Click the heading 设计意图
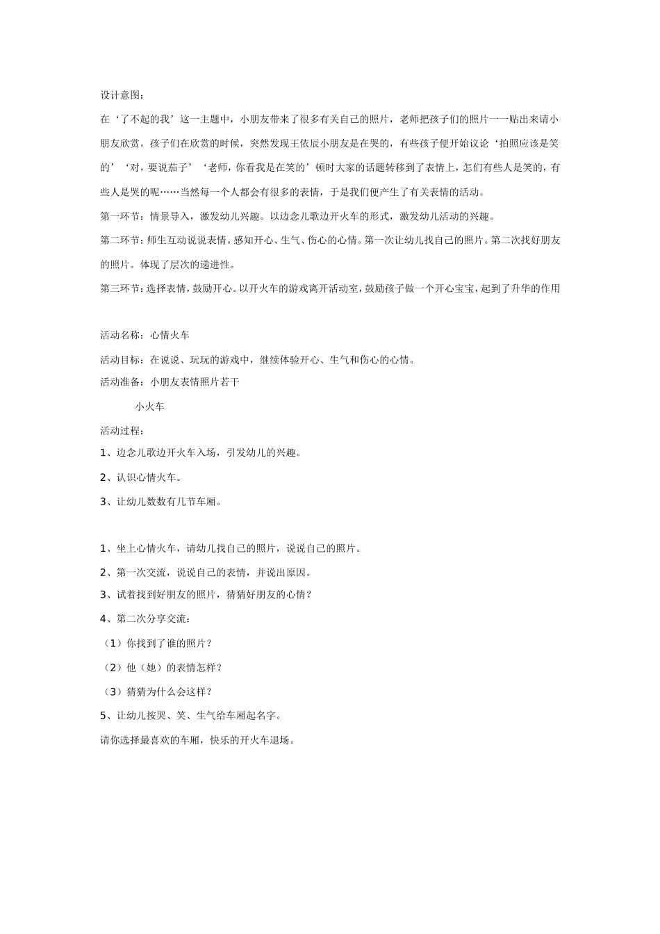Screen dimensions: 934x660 118,95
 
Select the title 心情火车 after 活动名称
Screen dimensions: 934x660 170,335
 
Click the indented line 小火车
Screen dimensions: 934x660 150,407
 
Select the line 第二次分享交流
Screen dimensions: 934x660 149,618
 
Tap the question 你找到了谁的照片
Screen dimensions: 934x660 160,643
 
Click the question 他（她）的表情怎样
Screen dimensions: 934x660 165,667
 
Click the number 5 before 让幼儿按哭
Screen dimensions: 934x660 104,715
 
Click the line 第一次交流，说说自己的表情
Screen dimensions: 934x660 206,573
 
